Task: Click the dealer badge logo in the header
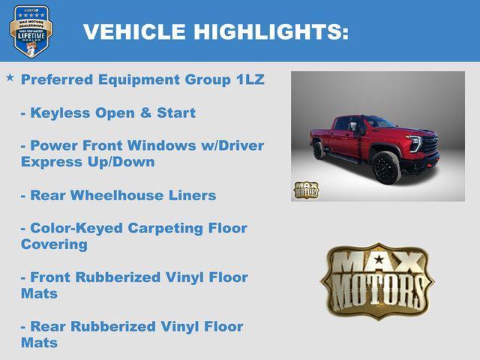tap(31, 31)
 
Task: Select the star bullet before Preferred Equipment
tap(10, 78)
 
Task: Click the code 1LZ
tap(249, 79)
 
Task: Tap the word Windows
tap(156, 145)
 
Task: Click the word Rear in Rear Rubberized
tap(47, 327)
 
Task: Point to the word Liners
tap(193, 195)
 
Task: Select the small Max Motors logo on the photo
tap(305, 190)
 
